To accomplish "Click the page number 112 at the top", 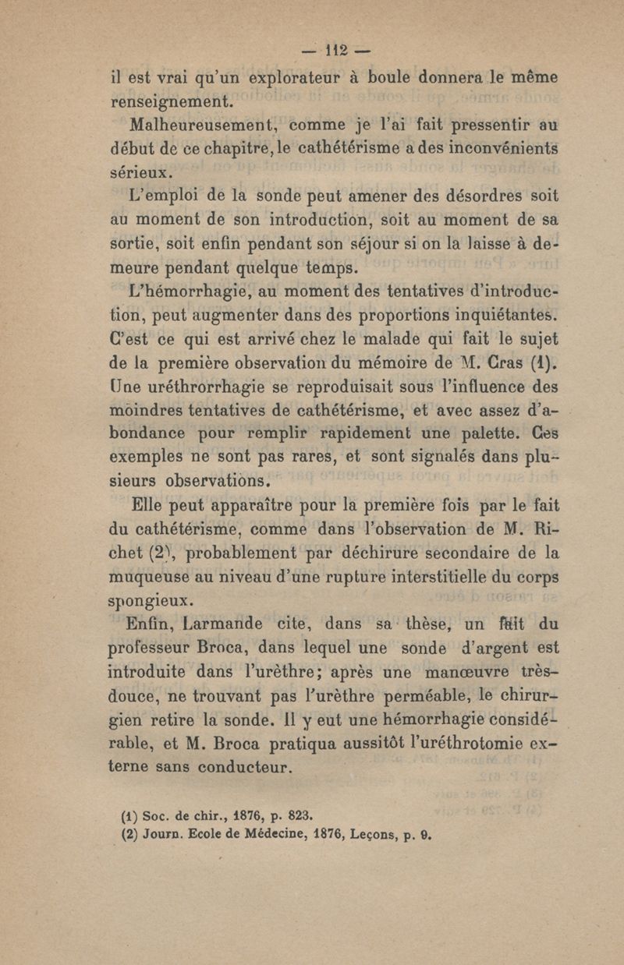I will [335, 54].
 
